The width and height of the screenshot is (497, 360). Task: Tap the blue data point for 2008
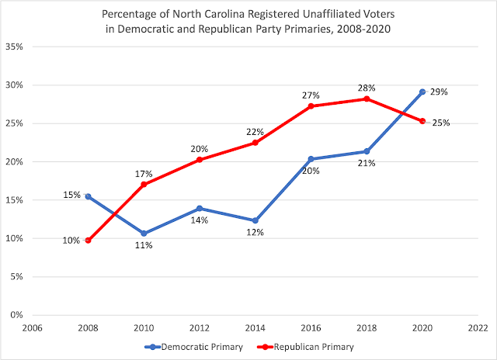click(88, 196)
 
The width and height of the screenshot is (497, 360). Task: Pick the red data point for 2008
click(88, 241)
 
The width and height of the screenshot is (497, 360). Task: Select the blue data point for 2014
click(255, 220)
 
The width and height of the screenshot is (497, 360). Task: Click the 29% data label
click(440, 92)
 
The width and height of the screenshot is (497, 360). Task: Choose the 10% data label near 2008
click(71, 241)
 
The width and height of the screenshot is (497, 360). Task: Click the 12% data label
click(255, 233)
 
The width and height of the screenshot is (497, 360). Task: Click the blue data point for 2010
click(144, 233)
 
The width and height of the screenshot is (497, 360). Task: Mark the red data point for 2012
click(200, 160)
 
